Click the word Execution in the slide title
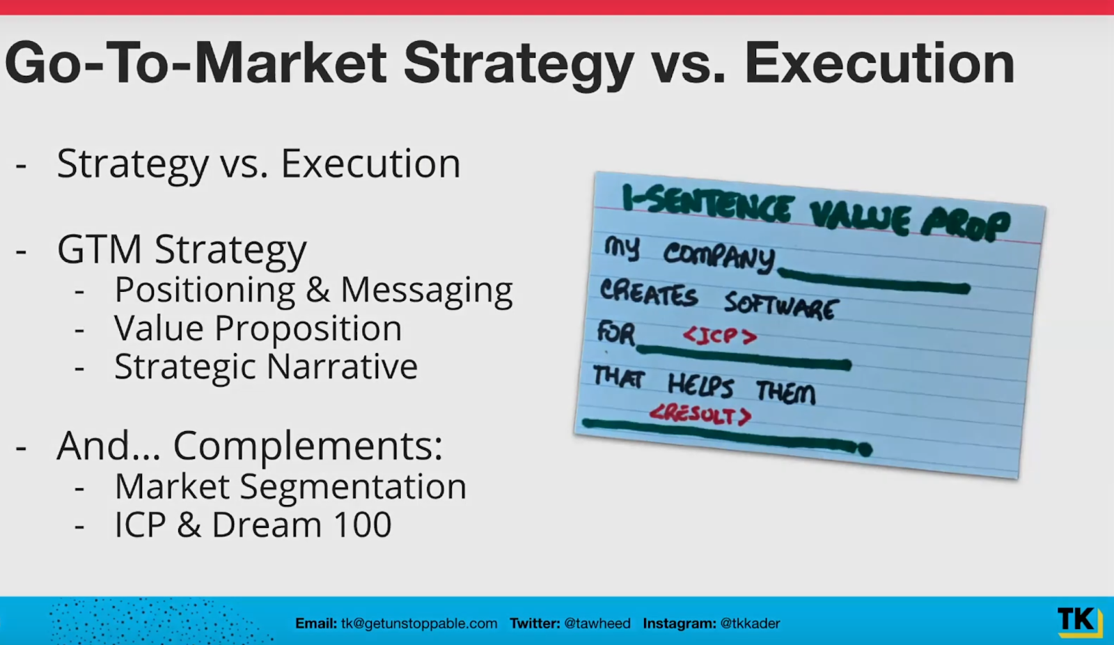(x=879, y=63)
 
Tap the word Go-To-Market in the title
(x=195, y=63)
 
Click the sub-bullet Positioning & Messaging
(x=313, y=290)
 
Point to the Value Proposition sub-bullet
(x=258, y=329)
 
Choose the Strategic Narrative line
(x=266, y=367)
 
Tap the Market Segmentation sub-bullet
(x=290, y=487)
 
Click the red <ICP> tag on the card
(x=720, y=336)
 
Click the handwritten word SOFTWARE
(x=782, y=306)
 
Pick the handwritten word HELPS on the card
(x=700, y=386)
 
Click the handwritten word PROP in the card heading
(x=965, y=226)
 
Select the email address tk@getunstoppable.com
(x=418, y=623)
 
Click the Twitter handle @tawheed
(x=597, y=623)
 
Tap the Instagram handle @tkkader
(x=750, y=623)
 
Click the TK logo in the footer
(x=1078, y=621)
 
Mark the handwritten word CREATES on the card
(x=648, y=293)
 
